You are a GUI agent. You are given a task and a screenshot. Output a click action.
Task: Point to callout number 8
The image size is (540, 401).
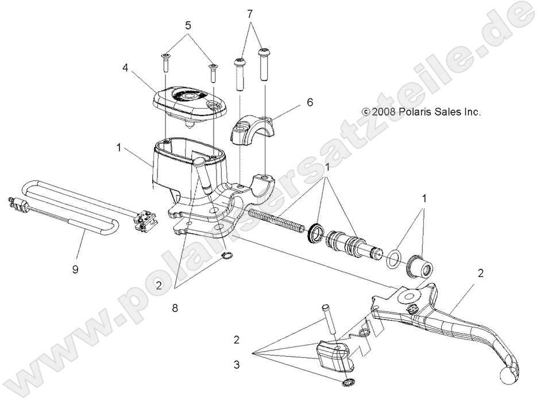[x=175, y=308]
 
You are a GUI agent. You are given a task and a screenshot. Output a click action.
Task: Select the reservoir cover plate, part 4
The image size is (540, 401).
[x=187, y=103]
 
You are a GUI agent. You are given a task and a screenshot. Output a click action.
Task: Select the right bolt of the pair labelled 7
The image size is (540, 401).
[x=265, y=63]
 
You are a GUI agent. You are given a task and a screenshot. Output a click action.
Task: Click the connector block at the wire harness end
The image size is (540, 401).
[x=144, y=222]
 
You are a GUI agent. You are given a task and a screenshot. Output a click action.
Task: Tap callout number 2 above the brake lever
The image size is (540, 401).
[x=480, y=273]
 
